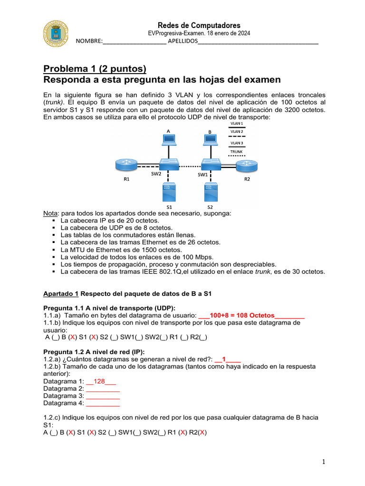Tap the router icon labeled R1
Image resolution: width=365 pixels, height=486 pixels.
[126, 166]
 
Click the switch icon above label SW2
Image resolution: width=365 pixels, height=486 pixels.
[169, 165]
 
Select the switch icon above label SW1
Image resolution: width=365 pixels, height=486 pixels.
[210, 165]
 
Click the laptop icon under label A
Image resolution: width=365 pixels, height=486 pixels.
[168, 140]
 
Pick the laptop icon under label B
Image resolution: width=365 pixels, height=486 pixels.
[210, 140]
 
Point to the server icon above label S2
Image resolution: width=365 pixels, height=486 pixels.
[210, 192]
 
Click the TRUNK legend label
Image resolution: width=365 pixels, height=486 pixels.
[237, 151]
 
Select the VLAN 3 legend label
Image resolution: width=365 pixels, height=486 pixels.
[237, 142]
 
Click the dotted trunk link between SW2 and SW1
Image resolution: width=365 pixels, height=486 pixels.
[189, 167]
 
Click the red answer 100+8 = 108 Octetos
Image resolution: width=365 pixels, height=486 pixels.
[242, 315]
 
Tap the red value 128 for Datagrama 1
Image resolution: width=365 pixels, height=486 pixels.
[99, 381]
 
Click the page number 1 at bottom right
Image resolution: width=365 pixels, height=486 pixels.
[323, 462]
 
